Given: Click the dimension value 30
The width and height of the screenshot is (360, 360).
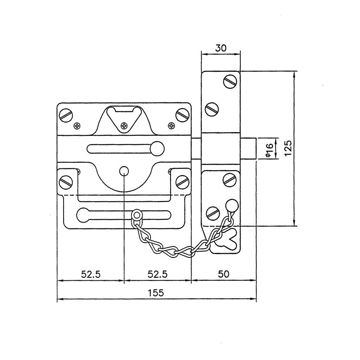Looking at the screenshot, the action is pos(221,48).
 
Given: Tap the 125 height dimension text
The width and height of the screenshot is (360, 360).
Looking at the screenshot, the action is pos(288,148).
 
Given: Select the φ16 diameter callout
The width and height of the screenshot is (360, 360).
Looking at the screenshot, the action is pos(269,150).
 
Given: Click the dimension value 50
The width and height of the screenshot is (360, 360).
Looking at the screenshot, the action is pos(223,274).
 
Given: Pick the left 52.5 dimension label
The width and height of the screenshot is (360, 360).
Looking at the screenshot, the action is pos(91,274).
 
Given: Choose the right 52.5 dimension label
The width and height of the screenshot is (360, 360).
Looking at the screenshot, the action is pos(158,274).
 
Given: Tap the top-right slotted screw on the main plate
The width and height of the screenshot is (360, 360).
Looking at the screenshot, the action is pos(182,115).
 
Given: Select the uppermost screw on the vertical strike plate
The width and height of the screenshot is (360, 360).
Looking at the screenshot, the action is pos(230,81).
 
